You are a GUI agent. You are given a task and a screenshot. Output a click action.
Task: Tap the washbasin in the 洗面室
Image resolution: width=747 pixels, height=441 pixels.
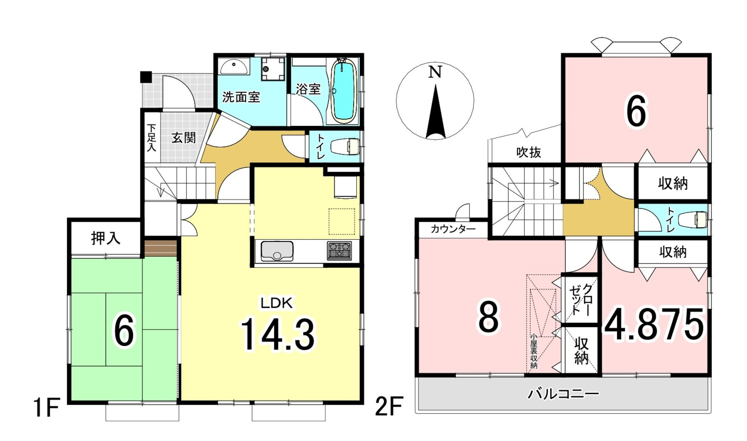pyautogui.click(x=234, y=67)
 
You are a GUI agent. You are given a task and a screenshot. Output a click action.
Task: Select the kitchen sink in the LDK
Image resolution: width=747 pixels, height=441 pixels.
pyautogui.click(x=277, y=251)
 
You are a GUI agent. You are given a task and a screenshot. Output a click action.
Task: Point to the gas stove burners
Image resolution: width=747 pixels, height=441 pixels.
pyautogui.click(x=339, y=251)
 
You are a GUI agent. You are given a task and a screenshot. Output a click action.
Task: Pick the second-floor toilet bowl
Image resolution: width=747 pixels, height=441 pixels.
pyautogui.click(x=692, y=220)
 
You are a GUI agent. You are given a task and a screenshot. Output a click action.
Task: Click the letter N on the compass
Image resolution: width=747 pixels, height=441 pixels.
pyautogui.click(x=435, y=72)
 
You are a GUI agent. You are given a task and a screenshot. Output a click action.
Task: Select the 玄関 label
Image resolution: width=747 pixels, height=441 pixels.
pyautogui.click(x=184, y=138)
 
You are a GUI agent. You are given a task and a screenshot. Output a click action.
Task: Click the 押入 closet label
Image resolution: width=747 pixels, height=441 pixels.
pyautogui.click(x=105, y=238)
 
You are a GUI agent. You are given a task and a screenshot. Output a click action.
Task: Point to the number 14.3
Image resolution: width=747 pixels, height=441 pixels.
pyautogui.click(x=277, y=335)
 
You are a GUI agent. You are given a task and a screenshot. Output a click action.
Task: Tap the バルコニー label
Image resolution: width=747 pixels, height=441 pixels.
pyautogui.click(x=564, y=394)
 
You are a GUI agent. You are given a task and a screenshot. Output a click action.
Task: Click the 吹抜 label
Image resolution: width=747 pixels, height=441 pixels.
pyautogui.click(x=529, y=152)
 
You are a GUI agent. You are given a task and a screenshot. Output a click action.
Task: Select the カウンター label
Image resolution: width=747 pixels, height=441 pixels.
pyautogui.click(x=453, y=229)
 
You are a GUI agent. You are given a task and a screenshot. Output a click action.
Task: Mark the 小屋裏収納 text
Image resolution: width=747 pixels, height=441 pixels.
pyautogui.click(x=534, y=352)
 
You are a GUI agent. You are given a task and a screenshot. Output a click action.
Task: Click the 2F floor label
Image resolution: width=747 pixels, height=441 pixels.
pyautogui.click(x=389, y=407)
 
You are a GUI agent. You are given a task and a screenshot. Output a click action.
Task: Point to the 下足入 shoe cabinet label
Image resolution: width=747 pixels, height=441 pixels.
pyautogui.click(x=151, y=138)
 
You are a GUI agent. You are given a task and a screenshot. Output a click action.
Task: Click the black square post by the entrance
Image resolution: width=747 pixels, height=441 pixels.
pyautogui.click(x=146, y=77)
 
